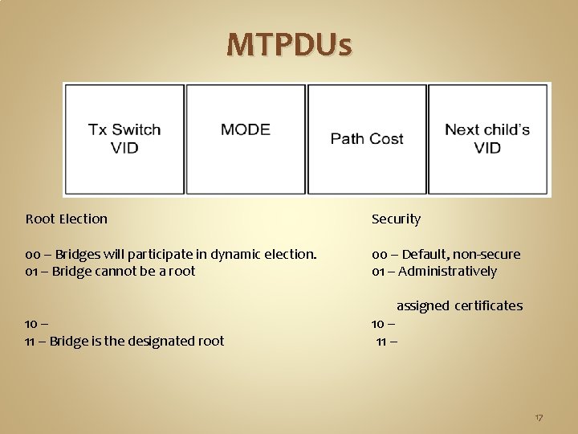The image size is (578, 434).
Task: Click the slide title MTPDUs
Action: (x=289, y=45)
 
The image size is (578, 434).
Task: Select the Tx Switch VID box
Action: (x=124, y=139)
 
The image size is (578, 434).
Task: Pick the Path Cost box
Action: (x=367, y=139)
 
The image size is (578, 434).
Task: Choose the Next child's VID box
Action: (x=487, y=139)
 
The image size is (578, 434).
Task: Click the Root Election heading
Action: (x=66, y=219)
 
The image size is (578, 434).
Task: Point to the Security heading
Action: (x=396, y=219)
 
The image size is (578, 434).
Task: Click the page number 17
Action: (x=539, y=418)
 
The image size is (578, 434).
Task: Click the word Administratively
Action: (x=447, y=271)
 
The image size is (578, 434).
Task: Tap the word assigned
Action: (x=423, y=305)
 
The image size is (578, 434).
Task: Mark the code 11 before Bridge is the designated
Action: (x=31, y=341)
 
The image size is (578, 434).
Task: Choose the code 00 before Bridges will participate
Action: (x=32, y=254)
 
